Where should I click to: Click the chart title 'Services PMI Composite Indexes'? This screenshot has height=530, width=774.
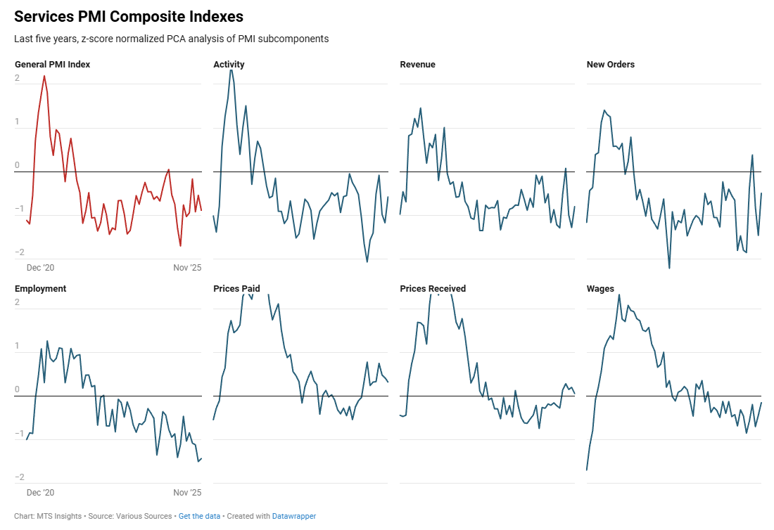[x=129, y=16]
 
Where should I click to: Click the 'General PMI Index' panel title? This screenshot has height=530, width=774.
[x=52, y=65]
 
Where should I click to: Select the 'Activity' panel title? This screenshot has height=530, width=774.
[x=229, y=65]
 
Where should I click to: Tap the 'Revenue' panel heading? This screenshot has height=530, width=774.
[x=417, y=65]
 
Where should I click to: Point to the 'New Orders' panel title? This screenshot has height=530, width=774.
[x=610, y=65]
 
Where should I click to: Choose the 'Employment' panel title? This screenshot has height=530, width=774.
[x=40, y=289]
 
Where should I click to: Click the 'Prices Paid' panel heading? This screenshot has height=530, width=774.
[x=236, y=289]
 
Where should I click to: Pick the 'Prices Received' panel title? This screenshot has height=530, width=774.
[x=433, y=289]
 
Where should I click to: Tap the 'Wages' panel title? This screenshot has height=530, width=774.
[x=599, y=289]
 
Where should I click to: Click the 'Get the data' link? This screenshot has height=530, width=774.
[x=199, y=516]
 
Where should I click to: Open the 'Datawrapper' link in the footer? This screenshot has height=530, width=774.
[x=294, y=516]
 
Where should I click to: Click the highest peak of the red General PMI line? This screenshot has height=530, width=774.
[x=44, y=76]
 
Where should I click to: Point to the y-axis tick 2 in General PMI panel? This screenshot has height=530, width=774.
[x=18, y=79]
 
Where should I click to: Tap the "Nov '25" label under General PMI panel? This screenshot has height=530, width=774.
[x=187, y=269]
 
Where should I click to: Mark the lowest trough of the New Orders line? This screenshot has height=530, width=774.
[x=669, y=268]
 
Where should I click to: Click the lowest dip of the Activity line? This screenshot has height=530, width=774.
[x=367, y=261]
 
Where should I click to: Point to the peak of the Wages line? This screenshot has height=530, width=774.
[x=619, y=295]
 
